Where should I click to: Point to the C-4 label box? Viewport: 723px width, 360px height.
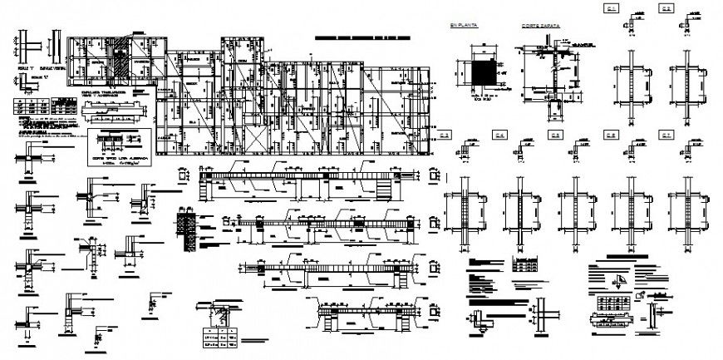tap(500, 136)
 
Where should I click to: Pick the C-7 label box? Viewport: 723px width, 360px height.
tap(666, 136)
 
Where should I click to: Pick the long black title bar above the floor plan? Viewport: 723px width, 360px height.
tap(370, 38)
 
